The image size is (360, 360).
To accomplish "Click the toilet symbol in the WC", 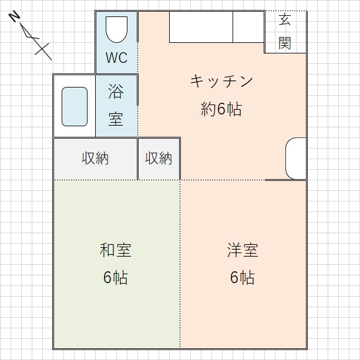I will point(116,29).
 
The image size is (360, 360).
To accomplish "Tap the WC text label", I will point(116,59).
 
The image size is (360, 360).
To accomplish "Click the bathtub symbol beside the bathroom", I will point(75,106).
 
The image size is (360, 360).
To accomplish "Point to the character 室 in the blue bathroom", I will point(116,119).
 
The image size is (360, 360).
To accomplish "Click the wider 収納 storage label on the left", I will point(95,159).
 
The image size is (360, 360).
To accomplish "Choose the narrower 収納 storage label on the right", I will point(159,159).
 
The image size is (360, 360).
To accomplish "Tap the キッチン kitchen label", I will point(221,81).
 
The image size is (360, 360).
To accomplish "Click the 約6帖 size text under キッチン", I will point(221,109).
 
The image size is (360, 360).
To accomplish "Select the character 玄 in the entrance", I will point(285,20).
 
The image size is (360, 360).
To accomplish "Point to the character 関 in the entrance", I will point(285,43).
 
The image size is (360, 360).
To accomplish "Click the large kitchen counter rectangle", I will point(201,26).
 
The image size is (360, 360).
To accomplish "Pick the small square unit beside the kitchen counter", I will point(248,26).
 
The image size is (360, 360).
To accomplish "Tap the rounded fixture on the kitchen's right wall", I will point(296,159).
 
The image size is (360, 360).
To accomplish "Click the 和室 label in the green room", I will point(116,250).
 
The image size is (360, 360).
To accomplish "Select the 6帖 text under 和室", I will point(116,278).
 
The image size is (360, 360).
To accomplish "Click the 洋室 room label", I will point(243,250).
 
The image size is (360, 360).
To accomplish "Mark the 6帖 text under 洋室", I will point(243,278).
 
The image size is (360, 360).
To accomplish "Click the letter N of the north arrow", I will point(15,16).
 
